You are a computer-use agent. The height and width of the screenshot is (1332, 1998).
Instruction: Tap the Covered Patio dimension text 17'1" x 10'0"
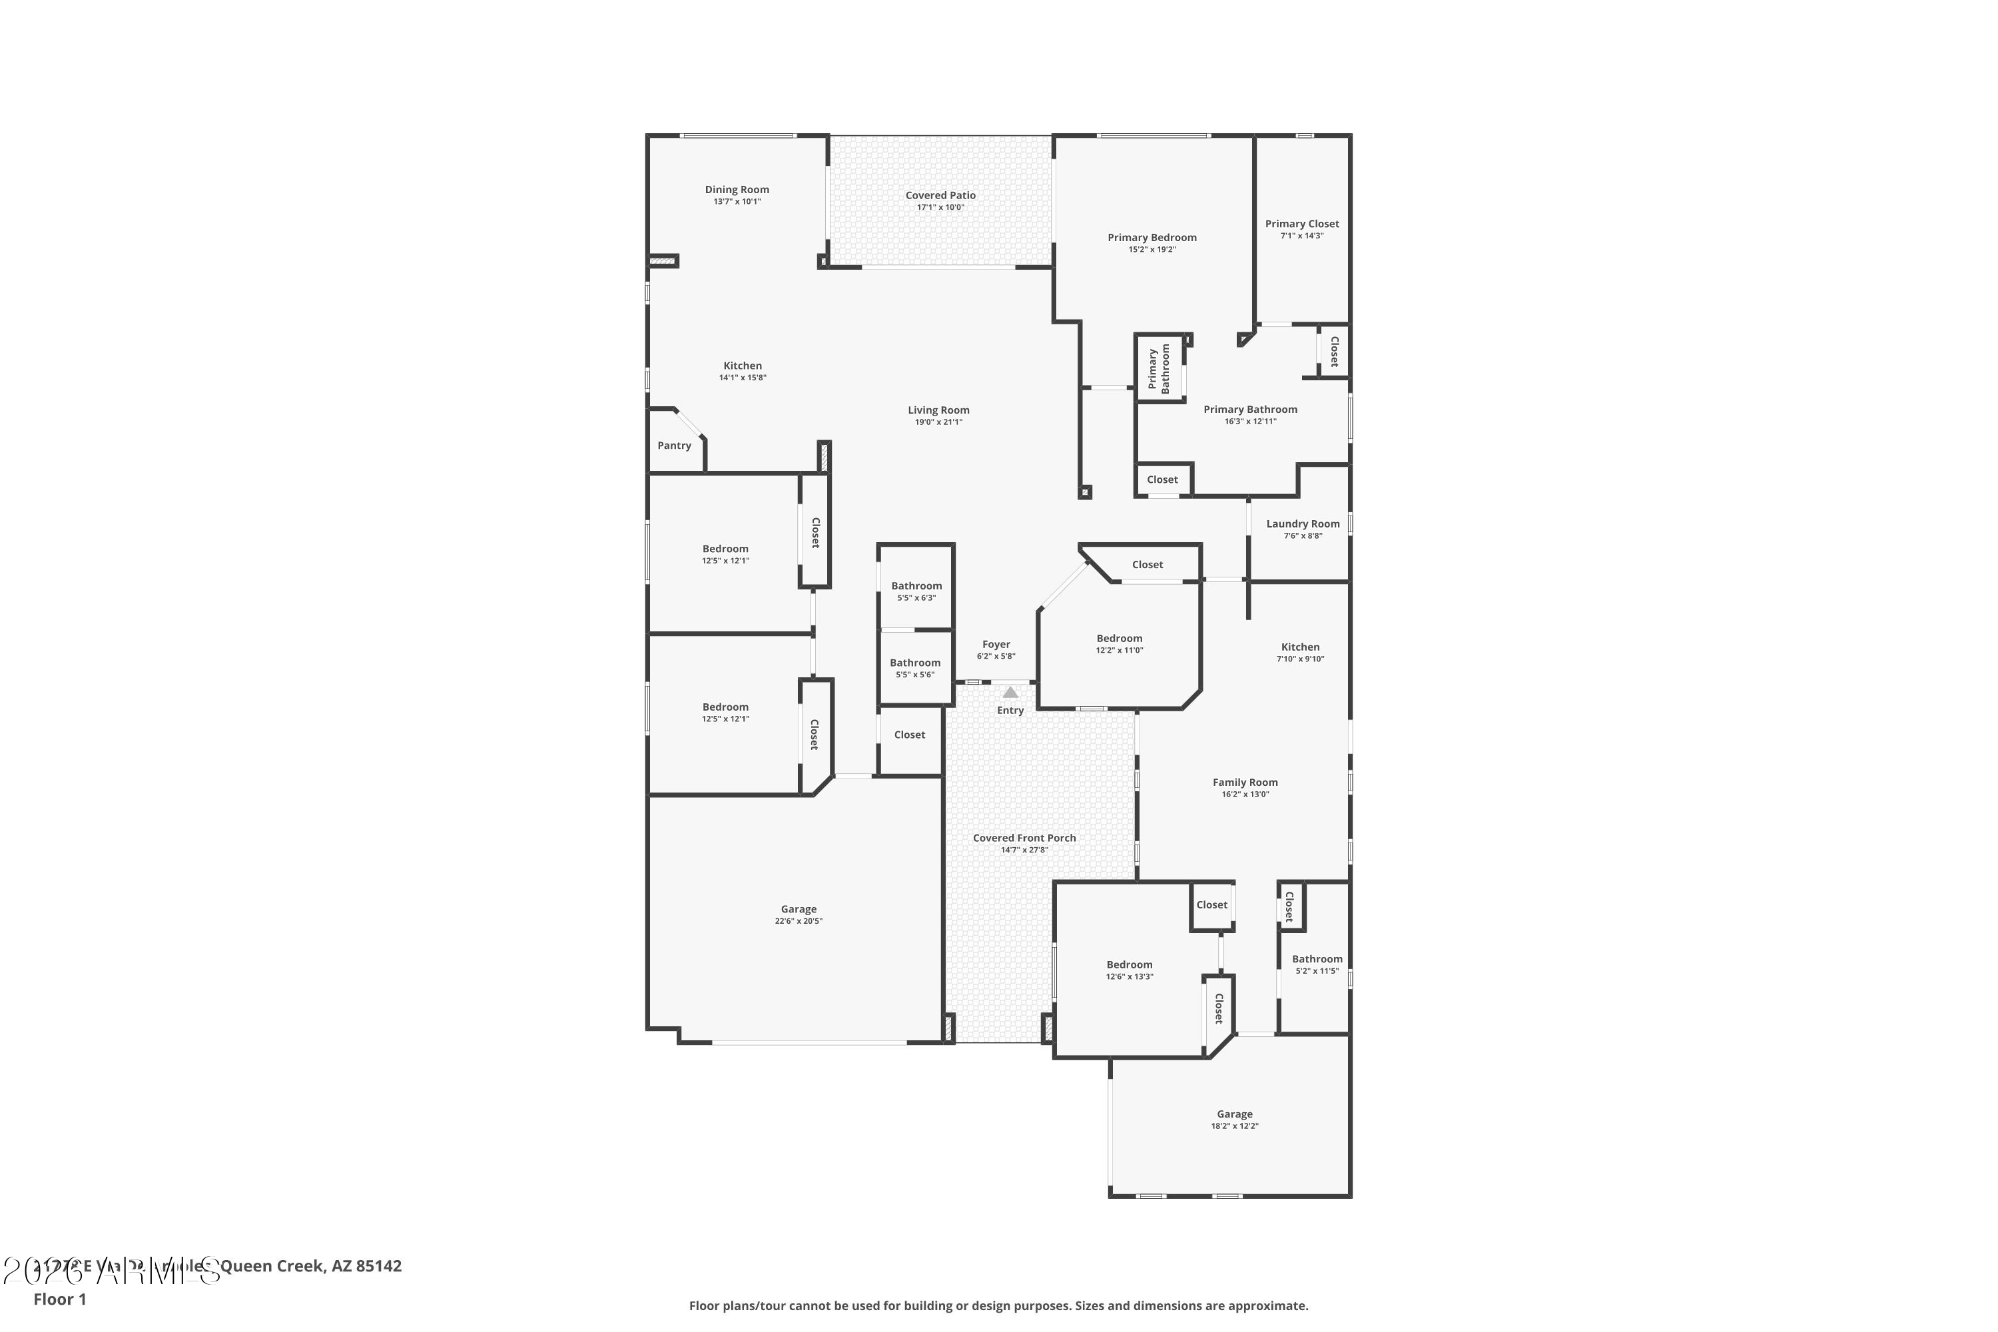(x=940, y=207)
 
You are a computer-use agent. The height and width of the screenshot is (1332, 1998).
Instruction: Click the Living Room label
(x=938, y=410)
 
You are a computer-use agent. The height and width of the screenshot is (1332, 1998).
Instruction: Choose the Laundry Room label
(x=1302, y=524)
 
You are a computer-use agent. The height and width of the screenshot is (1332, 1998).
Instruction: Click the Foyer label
(x=996, y=645)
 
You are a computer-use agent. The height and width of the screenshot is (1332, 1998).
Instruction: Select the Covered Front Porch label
(x=1024, y=838)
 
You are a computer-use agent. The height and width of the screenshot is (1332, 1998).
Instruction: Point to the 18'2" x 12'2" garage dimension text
(x=1234, y=1126)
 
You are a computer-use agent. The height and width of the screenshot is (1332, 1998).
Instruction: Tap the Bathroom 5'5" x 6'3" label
(x=916, y=586)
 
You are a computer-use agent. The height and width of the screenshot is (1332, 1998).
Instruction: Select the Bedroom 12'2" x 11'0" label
(x=1119, y=639)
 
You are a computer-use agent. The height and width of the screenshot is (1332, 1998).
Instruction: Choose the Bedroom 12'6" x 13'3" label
(x=1129, y=965)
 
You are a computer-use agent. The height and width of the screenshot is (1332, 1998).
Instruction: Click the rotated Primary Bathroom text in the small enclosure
(x=1159, y=369)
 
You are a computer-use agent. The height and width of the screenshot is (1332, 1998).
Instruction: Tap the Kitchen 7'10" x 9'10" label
(x=1300, y=647)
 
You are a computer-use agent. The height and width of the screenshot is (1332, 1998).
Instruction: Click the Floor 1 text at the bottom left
(x=59, y=1299)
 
